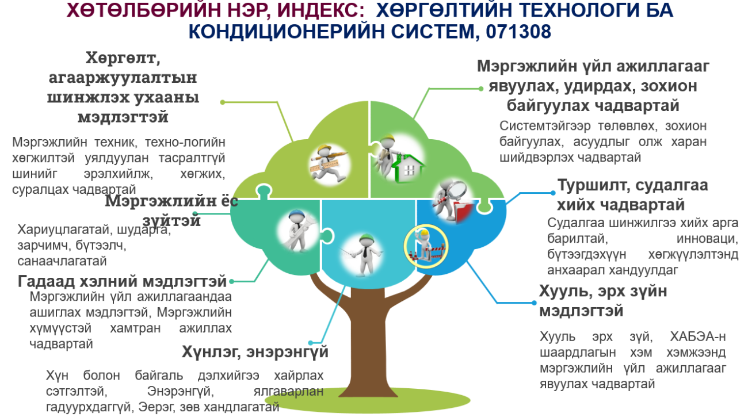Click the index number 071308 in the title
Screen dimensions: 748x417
pos(518,32)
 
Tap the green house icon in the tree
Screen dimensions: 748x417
pos(408,169)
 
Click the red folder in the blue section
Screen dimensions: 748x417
pos(464,211)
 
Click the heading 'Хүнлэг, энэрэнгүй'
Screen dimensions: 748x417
pos(255,352)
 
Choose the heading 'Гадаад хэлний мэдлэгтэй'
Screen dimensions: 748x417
pos(122,281)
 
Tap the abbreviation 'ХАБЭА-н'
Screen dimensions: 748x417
pos(697,336)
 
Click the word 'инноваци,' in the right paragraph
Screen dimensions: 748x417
pos(707,239)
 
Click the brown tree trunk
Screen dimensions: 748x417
pos(367,334)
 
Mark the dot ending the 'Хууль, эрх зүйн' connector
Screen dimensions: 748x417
pos(534,303)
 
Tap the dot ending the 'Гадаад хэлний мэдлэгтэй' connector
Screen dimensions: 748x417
pos(231,281)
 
